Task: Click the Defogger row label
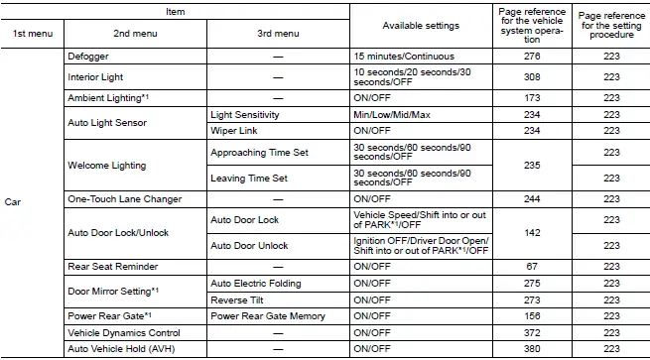[x=87, y=58]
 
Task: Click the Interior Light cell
[x=95, y=76]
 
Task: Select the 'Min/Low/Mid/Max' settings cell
[x=393, y=115]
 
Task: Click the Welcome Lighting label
[x=106, y=165]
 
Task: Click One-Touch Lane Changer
[x=124, y=199]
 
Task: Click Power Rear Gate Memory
[x=267, y=315]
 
